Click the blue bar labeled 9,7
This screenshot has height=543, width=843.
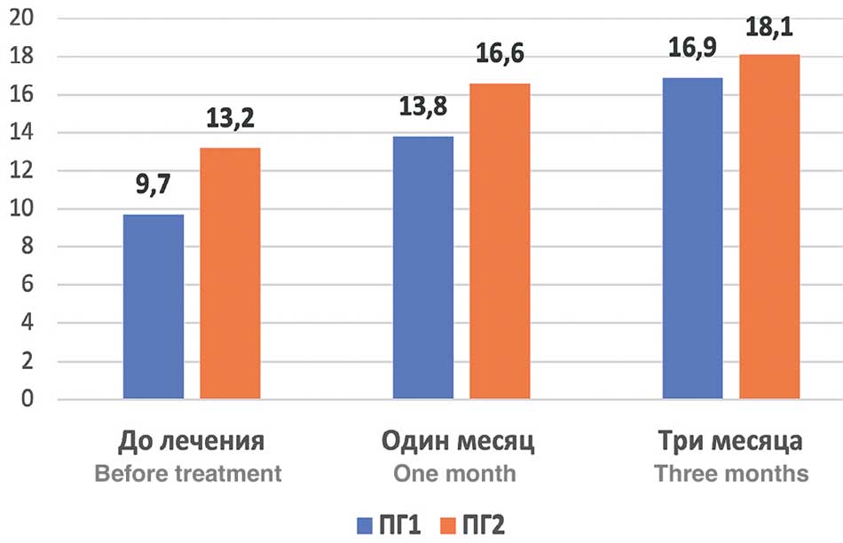click(x=154, y=307)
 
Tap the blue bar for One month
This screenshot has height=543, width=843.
click(x=423, y=268)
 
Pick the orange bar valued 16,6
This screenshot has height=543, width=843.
click(x=500, y=241)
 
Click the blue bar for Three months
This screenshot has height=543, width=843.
click(x=692, y=239)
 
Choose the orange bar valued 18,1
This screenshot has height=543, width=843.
click(x=769, y=227)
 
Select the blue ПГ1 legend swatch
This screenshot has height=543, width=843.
click(x=365, y=524)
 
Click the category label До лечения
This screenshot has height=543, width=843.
click(x=192, y=441)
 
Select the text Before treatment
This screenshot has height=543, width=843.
click(x=188, y=473)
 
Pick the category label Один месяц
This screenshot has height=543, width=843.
click(x=459, y=441)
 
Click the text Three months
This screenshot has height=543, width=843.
click(x=731, y=473)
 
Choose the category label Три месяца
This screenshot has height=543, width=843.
click(x=731, y=441)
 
